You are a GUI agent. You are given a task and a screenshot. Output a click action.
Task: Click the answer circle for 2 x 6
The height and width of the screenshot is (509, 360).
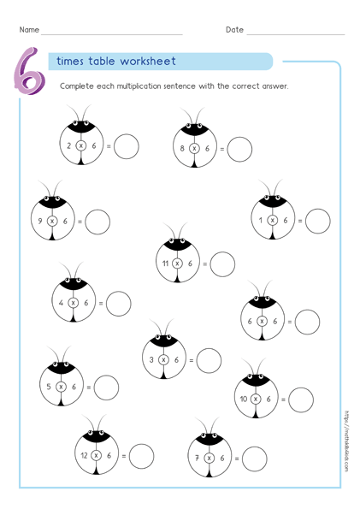click(x=127, y=146)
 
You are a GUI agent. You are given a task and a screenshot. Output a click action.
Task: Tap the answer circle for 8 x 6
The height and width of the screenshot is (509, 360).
click(x=239, y=149)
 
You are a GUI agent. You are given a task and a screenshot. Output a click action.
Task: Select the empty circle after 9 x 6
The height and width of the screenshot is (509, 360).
click(x=97, y=222)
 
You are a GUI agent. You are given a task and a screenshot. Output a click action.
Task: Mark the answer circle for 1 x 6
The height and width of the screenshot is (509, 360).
click(x=318, y=221)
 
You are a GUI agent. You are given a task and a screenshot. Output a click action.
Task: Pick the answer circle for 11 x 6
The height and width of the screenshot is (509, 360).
click(x=222, y=264)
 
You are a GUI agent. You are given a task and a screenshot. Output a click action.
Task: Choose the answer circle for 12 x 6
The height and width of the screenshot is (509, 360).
click(x=141, y=456)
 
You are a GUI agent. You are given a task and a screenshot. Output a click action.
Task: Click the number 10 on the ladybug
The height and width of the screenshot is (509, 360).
click(x=244, y=400)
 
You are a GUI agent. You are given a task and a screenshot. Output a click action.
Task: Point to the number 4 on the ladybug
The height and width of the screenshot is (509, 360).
click(x=62, y=303)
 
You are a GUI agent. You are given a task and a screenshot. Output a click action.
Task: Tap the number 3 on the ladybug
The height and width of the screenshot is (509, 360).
click(x=152, y=360)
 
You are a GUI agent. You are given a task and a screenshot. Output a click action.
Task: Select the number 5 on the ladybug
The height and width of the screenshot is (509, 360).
click(x=50, y=387)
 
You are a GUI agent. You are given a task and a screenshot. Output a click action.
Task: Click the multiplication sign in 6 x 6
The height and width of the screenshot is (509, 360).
click(x=263, y=322)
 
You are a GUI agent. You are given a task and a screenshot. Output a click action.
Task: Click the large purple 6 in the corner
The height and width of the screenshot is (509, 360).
click(x=29, y=70)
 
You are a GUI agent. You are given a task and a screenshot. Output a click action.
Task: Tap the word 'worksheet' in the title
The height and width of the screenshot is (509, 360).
click(x=147, y=62)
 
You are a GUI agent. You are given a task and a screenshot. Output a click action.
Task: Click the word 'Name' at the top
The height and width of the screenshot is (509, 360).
click(x=29, y=30)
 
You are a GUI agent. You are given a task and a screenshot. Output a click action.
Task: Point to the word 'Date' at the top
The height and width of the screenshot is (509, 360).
click(x=234, y=30)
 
